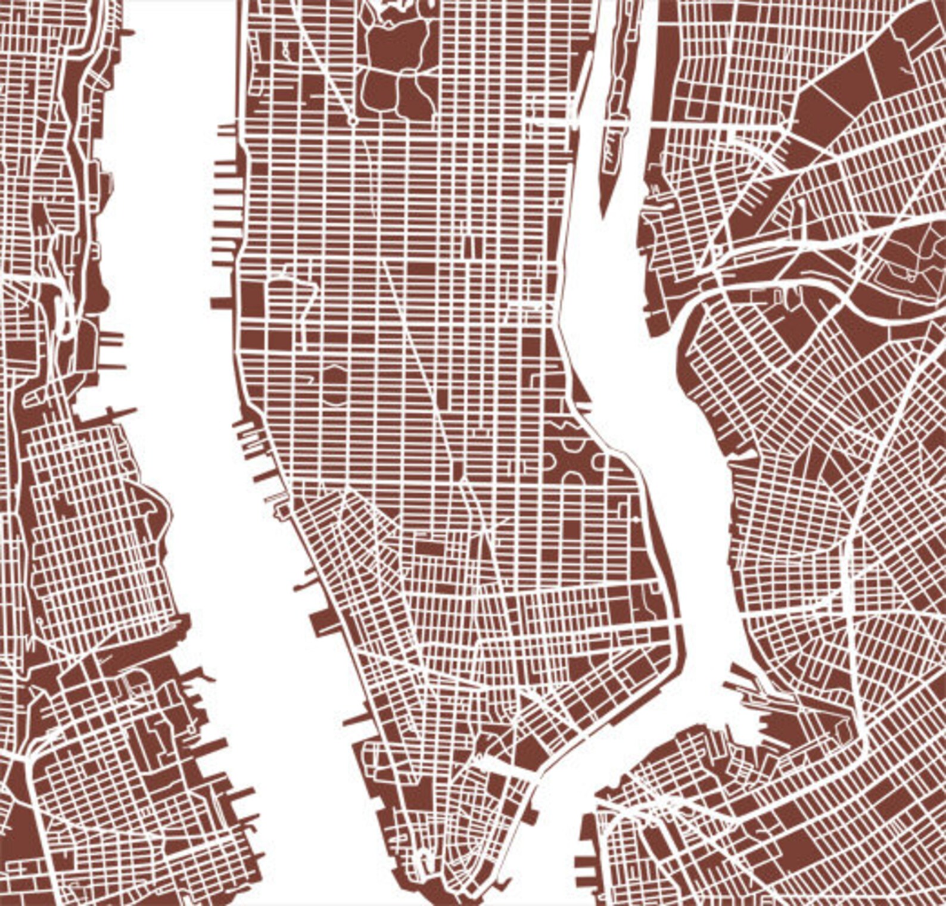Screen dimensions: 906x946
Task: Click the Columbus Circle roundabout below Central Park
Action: [352, 121]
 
